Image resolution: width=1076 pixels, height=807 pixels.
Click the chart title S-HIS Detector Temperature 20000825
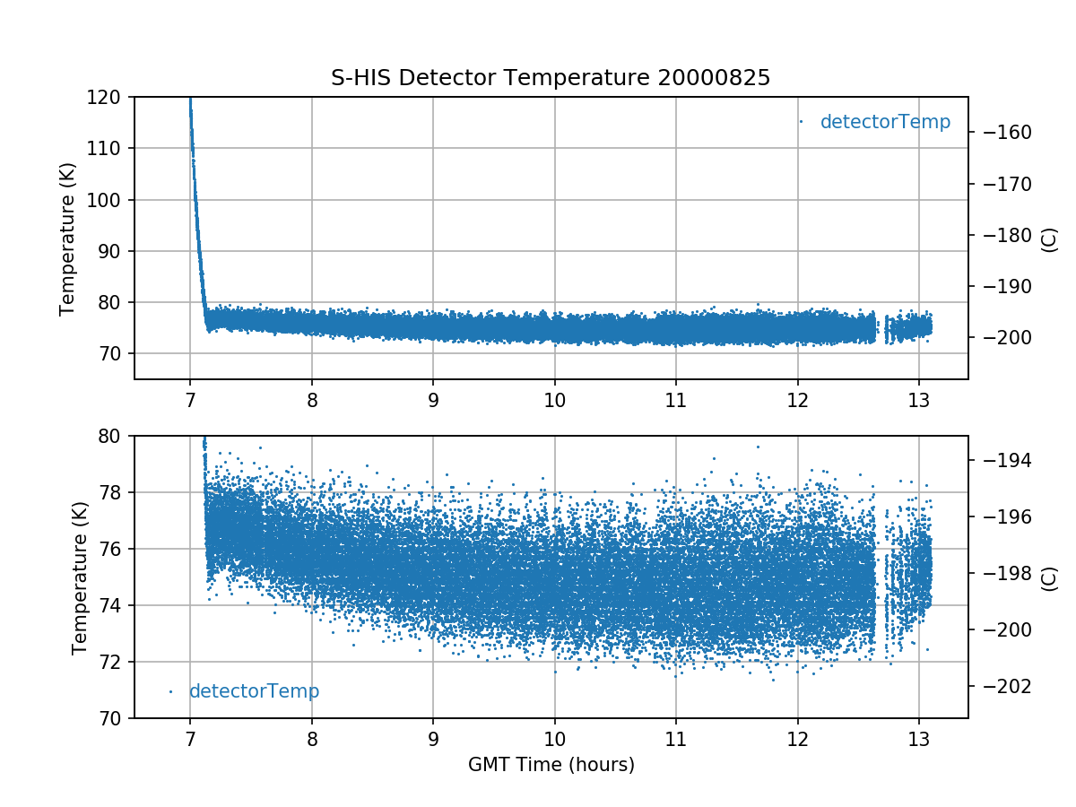551,78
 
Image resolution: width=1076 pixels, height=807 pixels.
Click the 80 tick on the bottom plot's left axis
116,436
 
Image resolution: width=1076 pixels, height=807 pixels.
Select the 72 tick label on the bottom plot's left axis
116,662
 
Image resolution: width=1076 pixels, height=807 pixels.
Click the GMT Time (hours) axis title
551,765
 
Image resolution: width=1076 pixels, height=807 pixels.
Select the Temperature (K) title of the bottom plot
80,577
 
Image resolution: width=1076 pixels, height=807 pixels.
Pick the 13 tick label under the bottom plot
918,740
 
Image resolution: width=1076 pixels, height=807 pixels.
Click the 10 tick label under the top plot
554,400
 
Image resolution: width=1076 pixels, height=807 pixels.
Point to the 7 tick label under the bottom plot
190,740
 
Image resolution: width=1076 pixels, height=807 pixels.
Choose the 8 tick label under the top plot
312,400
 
